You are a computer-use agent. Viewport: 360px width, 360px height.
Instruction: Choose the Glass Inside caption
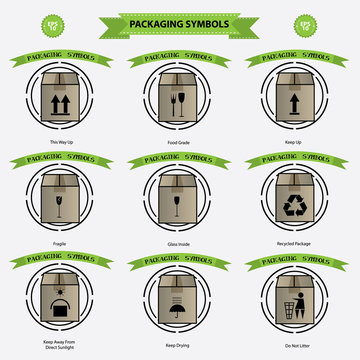click(181, 241)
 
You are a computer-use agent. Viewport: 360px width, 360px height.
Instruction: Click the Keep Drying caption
click(181, 346)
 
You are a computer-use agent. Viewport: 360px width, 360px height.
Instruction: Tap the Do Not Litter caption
click(296, 346)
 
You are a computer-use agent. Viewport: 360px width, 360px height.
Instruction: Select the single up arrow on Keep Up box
click(296, 102)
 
